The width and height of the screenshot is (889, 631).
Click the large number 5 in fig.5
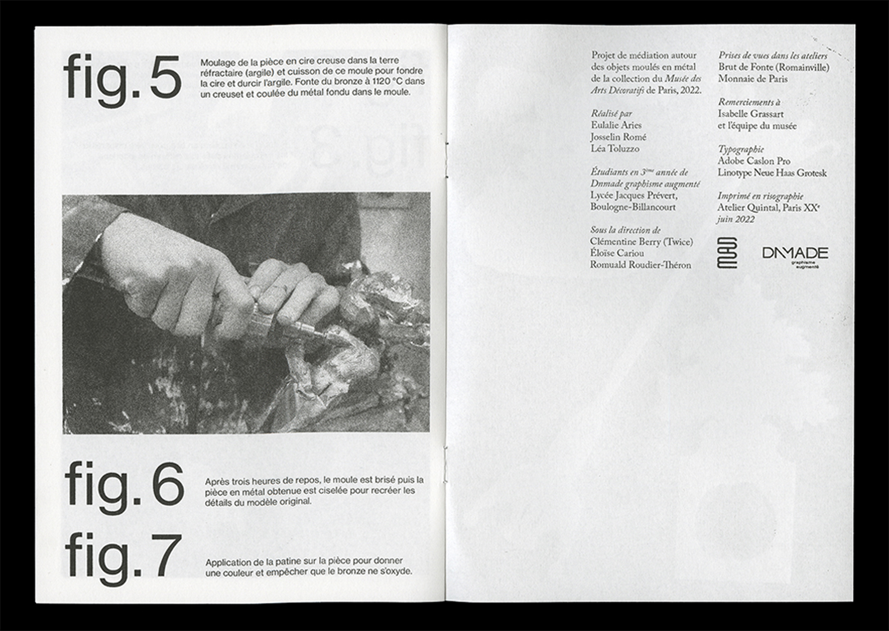coord(165,78)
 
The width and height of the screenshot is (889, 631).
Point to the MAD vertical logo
coord(727,253)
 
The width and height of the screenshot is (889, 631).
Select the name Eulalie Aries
coord(616,125)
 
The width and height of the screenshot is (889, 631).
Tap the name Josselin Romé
coord(618,137)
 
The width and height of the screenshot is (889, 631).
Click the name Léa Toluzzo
coord(615,148)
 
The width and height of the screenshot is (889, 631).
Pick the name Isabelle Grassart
coord(751,114)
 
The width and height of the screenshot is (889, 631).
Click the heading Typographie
coord(741,149)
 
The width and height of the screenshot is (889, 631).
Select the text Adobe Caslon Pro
coord(754,161)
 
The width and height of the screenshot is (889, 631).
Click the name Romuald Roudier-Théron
coord(641,265)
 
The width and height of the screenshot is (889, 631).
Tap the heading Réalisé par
coord(612,114)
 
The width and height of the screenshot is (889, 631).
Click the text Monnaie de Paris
coord(753,79)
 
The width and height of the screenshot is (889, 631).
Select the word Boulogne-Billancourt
coord(632,208)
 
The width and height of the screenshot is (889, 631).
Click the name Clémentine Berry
coord(625,242)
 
